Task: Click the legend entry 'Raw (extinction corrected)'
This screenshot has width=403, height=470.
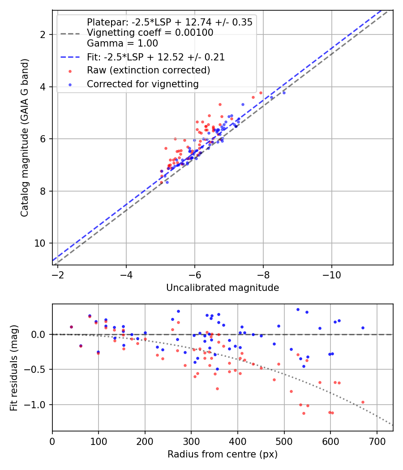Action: [148, 70]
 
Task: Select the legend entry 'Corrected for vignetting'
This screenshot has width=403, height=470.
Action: [142, 84]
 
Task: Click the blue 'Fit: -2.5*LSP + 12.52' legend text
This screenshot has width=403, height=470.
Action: [155, 57]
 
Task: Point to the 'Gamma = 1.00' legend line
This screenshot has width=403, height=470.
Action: [122, 43]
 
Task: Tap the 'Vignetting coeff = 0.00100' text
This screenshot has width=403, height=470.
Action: [150, 33]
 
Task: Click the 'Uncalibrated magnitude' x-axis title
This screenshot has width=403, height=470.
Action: [223, 288]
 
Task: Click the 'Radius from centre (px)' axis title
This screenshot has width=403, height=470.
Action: [223, 454]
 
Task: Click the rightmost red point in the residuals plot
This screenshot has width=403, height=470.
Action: [363, 402]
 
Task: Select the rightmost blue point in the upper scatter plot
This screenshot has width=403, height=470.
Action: [284, 93]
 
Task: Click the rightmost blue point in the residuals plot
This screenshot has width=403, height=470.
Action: [363, 328]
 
